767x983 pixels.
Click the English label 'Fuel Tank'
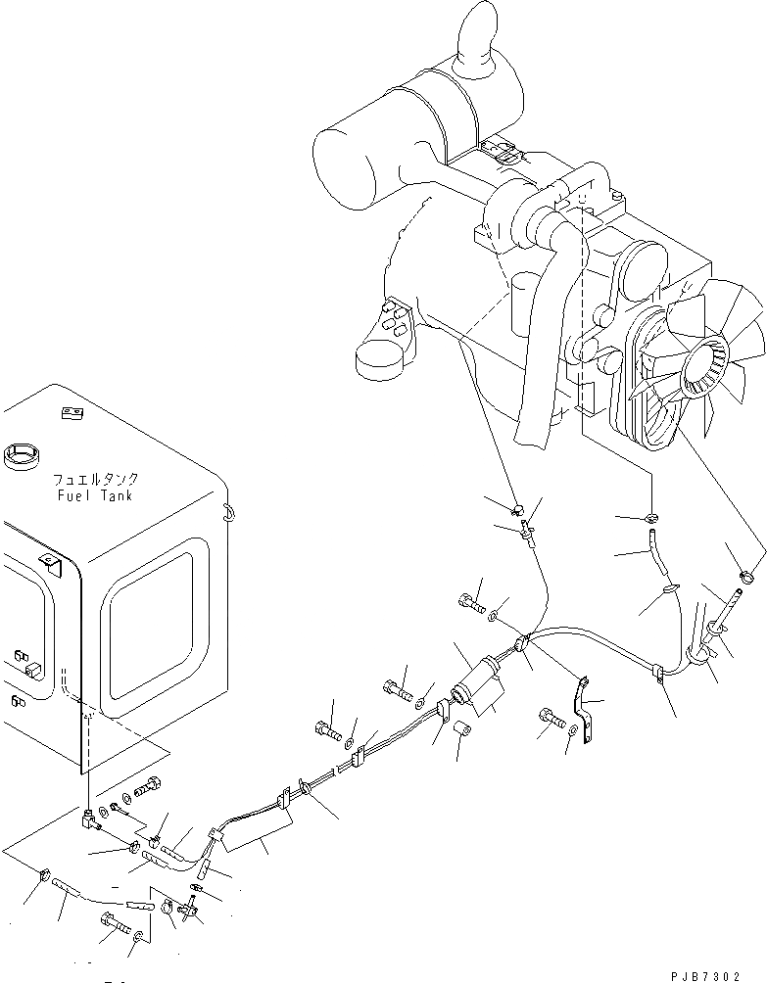(x=97, y=496)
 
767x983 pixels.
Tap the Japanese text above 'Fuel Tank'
(x=97, y=481)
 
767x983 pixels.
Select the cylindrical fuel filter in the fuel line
(x=481, y=683)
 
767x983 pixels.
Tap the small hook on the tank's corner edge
(x=227, y=510)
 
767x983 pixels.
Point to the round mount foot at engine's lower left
(x=380, y=359)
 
